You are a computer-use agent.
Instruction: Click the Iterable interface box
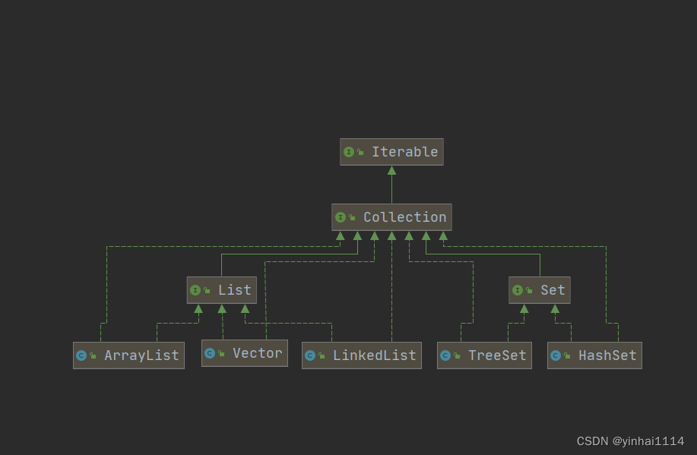(391, 152)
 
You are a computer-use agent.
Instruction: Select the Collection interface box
(391, 217)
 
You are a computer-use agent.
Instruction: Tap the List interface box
(222, 290)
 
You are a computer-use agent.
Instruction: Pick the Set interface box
(540, 290)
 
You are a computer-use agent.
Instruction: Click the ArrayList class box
(128, 355)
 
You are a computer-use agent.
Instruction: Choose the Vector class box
(245, 353)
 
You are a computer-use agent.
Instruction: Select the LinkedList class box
(362, 355)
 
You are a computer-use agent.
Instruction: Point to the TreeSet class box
(484, 355)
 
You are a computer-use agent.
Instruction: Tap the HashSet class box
(594, 355)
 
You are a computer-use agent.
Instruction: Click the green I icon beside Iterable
(349, 152)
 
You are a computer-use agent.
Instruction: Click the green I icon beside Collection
(341, 217)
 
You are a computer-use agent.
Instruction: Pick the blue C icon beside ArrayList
(81, 355)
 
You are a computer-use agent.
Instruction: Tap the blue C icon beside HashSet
(556, 355)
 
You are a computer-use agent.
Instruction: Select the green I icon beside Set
(518, 290)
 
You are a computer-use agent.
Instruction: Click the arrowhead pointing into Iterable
(391, 171)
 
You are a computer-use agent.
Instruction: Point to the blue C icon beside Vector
(210, 353)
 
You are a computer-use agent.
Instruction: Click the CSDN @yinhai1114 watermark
(630, 441)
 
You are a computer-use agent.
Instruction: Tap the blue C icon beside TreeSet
(445, 355)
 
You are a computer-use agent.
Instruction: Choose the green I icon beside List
(195, 290)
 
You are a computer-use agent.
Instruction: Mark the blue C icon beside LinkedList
(310, 355)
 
